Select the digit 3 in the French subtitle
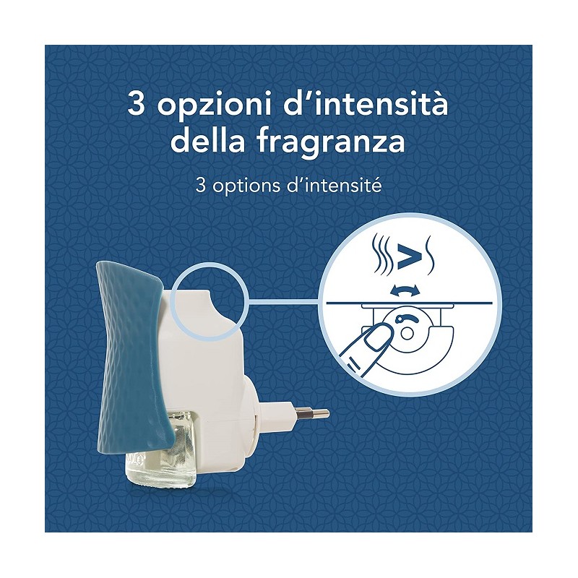point(201,186)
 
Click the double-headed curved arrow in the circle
point(405,290)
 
